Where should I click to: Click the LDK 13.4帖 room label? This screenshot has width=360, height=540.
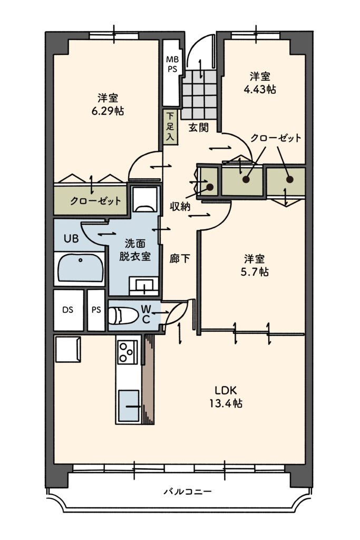(x=226, y=397)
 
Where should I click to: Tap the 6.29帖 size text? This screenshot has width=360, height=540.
(x=108, y=111)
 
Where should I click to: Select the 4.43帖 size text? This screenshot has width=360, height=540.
(x=260, y=90)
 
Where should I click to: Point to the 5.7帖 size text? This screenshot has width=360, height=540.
(x=255, y=272)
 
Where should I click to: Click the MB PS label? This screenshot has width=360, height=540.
(x=172, y=64)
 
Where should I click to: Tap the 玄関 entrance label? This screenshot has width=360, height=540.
(x=199, y=128)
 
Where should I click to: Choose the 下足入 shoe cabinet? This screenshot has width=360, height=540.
(x=170, y=127)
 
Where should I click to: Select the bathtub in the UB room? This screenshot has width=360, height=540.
(x=81, y=268)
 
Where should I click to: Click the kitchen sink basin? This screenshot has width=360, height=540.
(x=129, y=406)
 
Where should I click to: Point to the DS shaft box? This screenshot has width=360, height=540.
(x=68, y=310)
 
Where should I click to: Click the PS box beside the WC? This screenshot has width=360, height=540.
(x=96, y=310)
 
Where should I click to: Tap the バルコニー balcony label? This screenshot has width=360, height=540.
(x=188, y=491)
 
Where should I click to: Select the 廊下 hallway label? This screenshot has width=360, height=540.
(x=180, y=258)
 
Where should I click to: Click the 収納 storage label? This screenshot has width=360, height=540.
(x=180, y=206)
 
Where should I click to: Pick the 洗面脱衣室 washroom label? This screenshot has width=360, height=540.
(x=135, y=249)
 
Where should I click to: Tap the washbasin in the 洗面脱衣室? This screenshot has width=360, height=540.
(x=144, y=285)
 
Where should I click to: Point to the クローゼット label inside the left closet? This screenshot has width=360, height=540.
(x=95, y=201)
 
